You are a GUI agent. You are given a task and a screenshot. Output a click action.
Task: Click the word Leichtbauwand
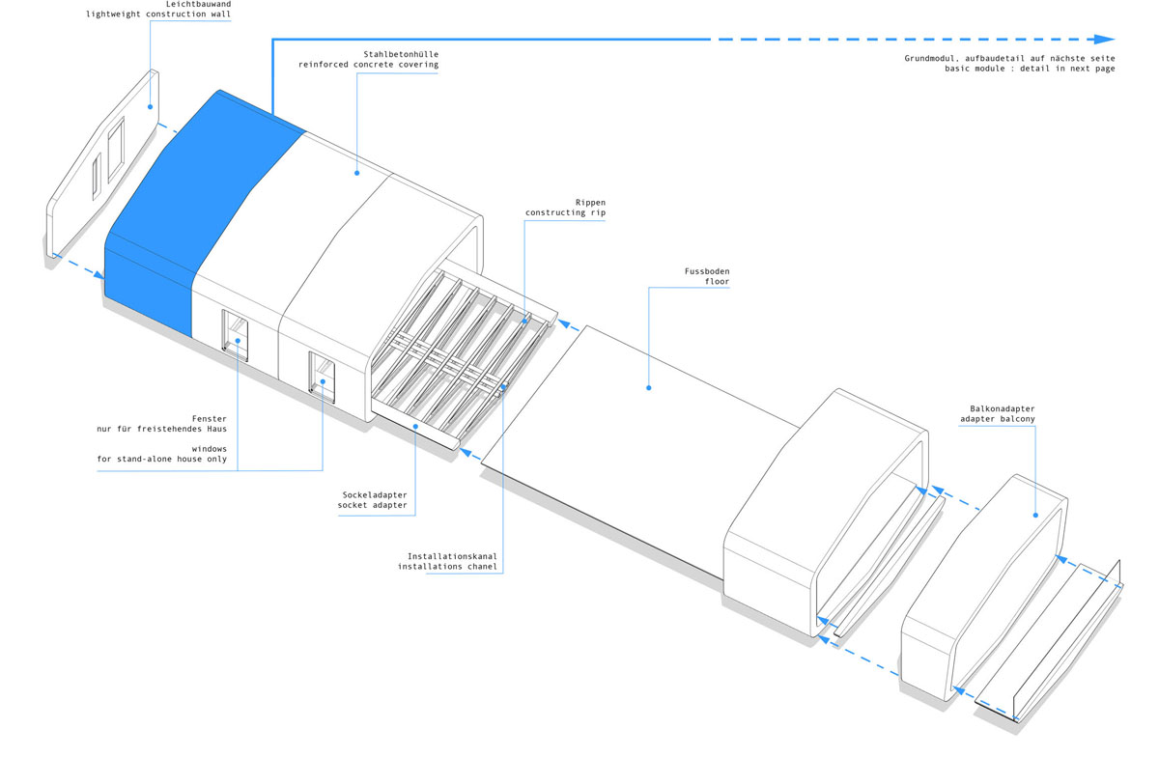(x=198, y=4)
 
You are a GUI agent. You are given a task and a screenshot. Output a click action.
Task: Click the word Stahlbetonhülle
(x=401, y=54)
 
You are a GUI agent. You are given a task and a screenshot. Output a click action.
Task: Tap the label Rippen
(x=590, y=203)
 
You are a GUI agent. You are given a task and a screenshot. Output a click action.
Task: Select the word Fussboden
(x=707, y=271)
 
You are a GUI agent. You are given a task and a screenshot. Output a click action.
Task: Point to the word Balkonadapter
(x=1003, y=408)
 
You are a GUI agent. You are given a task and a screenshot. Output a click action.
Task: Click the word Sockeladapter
(x=375, y=495)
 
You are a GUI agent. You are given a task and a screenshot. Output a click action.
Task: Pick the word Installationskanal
(x=452, y=556)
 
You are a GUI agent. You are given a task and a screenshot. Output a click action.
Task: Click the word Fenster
(x=209, y=419)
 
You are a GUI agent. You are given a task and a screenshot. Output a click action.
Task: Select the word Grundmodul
(x=929, y=59)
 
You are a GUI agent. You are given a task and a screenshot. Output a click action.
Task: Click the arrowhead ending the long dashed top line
(x=1104, y=40)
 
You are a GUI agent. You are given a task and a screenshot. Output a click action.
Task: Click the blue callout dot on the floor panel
(x=649, y=387)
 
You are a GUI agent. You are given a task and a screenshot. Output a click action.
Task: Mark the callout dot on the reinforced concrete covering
(x=357, y=173)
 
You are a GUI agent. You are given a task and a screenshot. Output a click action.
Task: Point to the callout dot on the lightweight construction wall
(x=150, y=106)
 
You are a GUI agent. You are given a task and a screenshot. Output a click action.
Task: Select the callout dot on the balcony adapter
(x=1035, y=515)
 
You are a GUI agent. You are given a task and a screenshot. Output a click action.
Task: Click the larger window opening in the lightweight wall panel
(x=116, y=150)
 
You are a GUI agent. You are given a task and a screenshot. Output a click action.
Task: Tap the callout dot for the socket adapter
(x=415, y=427)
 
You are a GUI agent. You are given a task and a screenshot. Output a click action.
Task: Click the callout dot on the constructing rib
(x=524, y=321)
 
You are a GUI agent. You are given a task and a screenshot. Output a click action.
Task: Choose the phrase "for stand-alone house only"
(x=162, y=459)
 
